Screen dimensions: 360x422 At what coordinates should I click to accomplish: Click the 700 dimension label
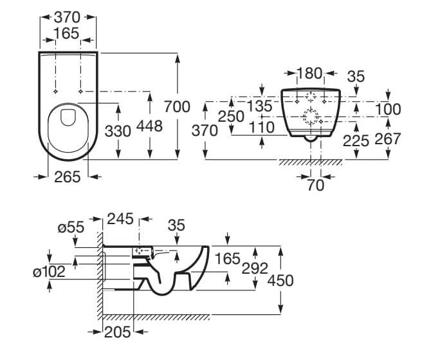(x=178, y=106)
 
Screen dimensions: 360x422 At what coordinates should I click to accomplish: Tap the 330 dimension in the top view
(x=118, y=131)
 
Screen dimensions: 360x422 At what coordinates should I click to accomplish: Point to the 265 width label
(x=67, y=177)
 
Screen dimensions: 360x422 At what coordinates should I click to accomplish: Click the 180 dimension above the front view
(x=309, y=74)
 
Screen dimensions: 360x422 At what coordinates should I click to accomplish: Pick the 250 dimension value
(x=231, y=117)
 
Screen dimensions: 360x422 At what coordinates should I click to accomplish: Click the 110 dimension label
(x=262, y=128)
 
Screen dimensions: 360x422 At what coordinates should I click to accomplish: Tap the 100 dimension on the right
(x=389, y=109)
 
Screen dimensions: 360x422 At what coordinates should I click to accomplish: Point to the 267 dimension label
(x=389, y=138)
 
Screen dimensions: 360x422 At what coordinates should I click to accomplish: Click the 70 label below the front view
(x=316, y=185)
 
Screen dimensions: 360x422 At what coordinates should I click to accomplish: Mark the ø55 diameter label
(x=70, y=227)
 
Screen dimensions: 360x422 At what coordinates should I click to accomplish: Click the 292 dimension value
(x=255, y=268)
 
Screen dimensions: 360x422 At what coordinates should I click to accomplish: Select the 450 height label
(x=280, y=280)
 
